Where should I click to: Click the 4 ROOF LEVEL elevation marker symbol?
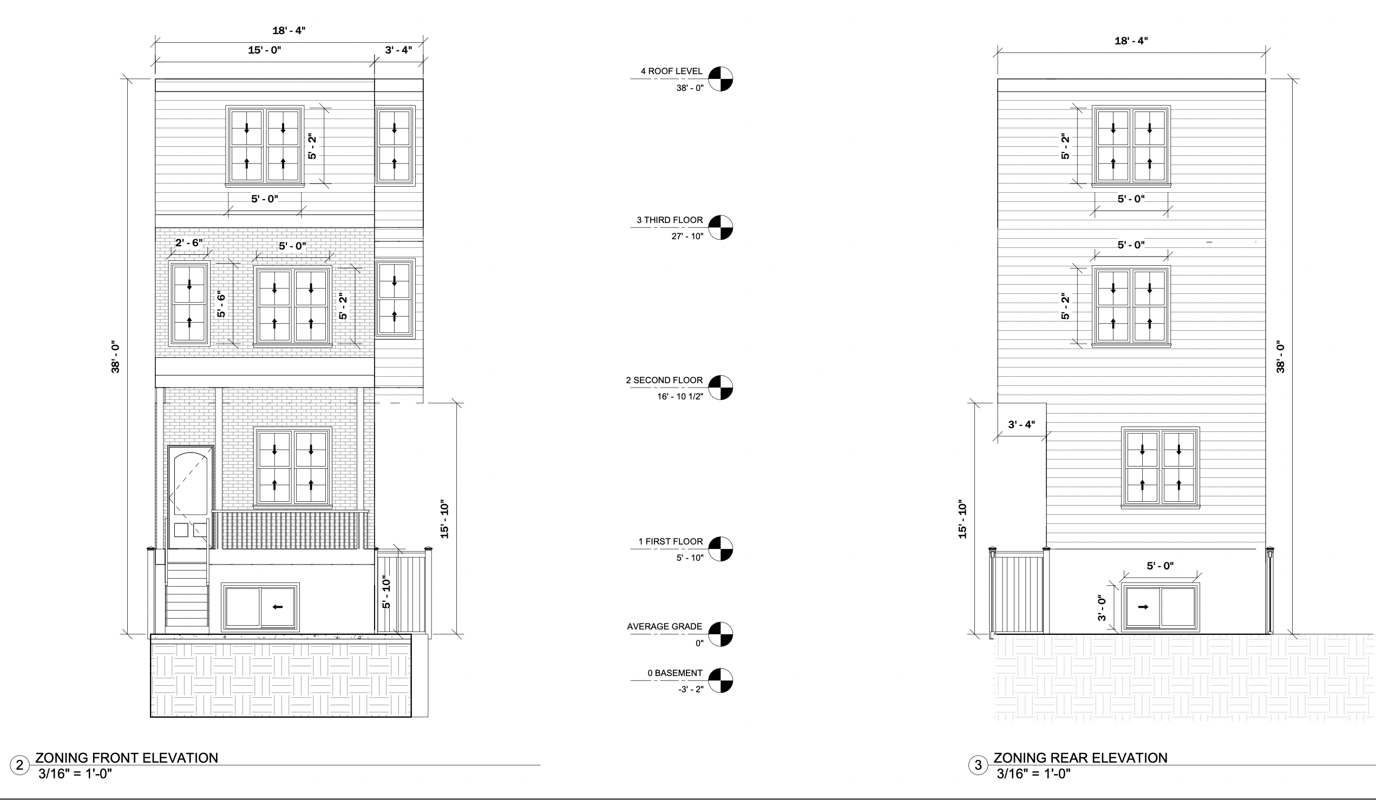coord(720,79)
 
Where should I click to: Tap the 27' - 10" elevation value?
coord(687,237)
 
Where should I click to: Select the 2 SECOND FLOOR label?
coord(664,380)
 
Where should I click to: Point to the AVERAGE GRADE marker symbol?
coord(720,634)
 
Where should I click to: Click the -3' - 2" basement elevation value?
coord(690,690)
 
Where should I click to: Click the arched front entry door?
coord(191,496)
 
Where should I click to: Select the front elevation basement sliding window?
coord(260,607)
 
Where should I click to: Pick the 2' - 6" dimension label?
coord(188,242)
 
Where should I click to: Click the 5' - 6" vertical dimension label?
coord(221,305)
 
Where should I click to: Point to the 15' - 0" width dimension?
coord(264,50)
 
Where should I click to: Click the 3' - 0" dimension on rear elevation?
coord(1102,608)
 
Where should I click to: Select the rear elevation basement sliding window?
coord(1161,607)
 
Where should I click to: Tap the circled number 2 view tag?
coord(19,765)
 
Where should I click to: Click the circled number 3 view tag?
coord(978,765)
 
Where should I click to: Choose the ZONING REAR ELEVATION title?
coord(1080,758)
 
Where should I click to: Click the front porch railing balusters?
coord(290,530)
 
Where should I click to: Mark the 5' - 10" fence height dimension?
coord(386,592)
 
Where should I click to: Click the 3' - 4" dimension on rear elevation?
coord(1021,424)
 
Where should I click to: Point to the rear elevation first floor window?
coord(1161,468)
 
